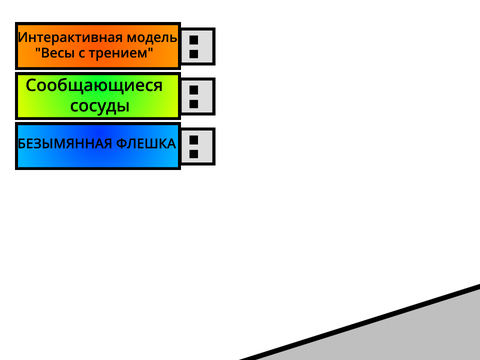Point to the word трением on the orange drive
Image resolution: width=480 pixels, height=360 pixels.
[121, 53]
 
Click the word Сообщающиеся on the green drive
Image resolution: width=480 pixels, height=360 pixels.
[94, 86]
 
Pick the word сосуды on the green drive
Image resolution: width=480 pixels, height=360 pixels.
[100, 106]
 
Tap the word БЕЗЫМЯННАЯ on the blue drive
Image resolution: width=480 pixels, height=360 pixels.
[65, 144]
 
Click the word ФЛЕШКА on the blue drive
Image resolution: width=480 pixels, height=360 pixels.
[146, 144]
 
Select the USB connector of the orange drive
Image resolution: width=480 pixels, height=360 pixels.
[198, 46]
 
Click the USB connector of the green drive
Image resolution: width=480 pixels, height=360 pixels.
[198, 96]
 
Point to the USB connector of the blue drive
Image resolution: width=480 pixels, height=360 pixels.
[198, 146]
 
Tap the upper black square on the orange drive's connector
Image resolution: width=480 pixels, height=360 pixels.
[194, 40]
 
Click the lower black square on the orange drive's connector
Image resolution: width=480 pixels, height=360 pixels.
[194, 54]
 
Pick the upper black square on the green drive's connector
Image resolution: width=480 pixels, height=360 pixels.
[194, 90]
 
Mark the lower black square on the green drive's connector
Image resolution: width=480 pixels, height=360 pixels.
[194, 104]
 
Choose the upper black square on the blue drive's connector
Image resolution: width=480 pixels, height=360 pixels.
[194, 140]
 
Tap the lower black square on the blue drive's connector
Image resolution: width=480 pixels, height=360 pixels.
[194, 154]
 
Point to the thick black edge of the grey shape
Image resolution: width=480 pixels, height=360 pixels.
[360, 322]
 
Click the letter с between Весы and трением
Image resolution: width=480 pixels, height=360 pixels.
[83, 54]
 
